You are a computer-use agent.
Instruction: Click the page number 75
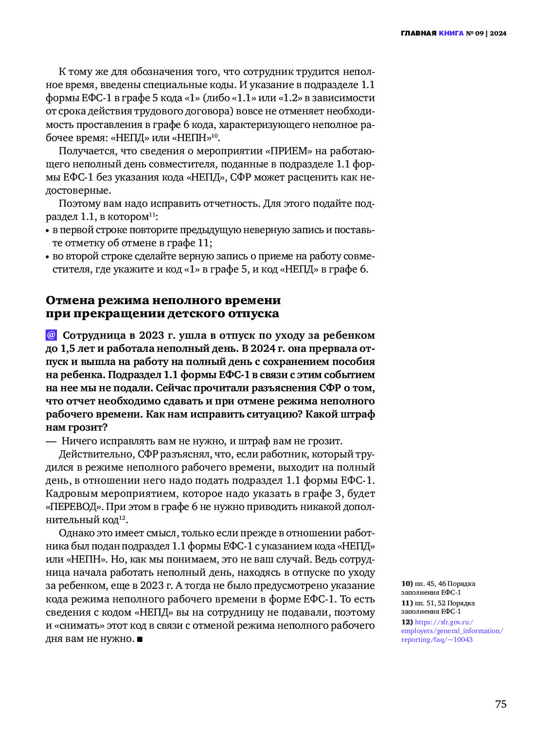(x=501, y=704)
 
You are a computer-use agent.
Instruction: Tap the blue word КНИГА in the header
(x=451, y=34)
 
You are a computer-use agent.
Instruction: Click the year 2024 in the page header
(x=498, y=34)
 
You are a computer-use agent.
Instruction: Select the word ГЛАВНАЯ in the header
(x=418, y=34)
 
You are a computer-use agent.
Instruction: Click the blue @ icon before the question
(x=51, y=335)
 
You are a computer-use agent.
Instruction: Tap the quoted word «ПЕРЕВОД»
(x=71, y=507)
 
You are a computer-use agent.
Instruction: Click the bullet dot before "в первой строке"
(x=48, y=231)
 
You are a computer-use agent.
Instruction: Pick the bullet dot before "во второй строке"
(x=48, y=257)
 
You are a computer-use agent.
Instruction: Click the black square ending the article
(x=140, y=639)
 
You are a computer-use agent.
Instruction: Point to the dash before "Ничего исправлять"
(x=51, y=441)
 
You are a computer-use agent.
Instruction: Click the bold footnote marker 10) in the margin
(x=407, y=584)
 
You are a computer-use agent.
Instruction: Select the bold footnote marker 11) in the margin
(x=407, y=603)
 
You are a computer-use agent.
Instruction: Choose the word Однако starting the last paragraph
(x=76, y=533)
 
